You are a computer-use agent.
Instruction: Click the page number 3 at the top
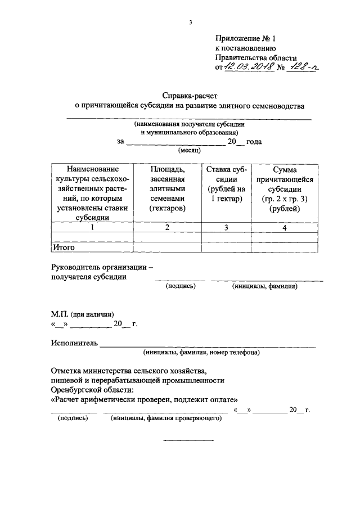(x=191, y=22)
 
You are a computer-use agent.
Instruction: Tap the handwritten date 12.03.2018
(x=248, y=67)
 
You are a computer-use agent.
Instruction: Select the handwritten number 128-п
(x=303, y=67)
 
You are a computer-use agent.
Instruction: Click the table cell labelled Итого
(x=64, y=247)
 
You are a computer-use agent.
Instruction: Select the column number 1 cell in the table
(x=92, y=228)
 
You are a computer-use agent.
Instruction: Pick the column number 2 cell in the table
(x=167, y=228)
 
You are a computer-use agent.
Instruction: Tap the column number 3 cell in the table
(x=226, y=228)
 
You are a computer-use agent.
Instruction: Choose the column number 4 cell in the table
(x=284, y=228)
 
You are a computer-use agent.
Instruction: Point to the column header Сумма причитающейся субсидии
(x=284, y=189)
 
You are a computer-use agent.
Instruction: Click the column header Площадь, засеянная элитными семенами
(x=167, y=189)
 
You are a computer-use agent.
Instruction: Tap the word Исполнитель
(x=74, y=343)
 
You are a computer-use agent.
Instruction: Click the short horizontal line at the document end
(x=188, y=440)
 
